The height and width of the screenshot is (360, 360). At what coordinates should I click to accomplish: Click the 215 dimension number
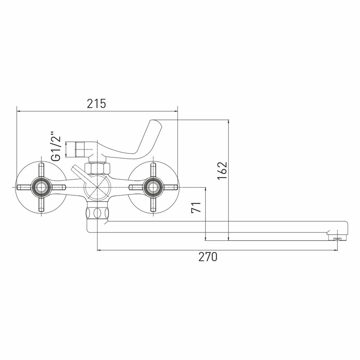tap(96, 104)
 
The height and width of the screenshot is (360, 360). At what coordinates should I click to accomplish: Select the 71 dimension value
tap(197, 208)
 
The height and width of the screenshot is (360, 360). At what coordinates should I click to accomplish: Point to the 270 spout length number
tap(208, 257)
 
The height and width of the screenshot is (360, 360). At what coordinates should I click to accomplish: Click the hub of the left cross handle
tap(41, 187)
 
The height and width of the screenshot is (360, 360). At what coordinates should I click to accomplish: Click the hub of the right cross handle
tap(154, 187)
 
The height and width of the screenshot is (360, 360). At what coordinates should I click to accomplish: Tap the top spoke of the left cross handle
tap(41, 171)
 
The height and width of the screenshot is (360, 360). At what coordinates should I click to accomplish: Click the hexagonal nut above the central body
tap(97, 168)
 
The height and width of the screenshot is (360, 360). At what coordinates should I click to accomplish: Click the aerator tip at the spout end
tap(337, 238)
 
